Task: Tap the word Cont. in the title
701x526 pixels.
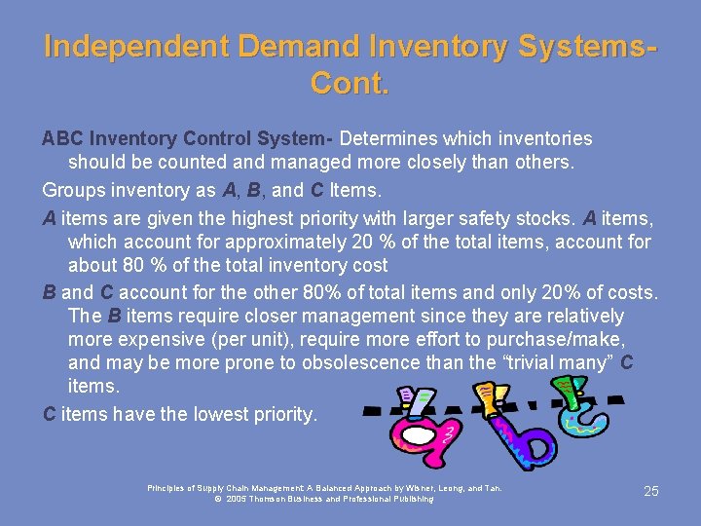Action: point(350,85)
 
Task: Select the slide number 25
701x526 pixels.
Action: point(650,491)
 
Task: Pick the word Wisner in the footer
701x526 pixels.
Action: point(420,488)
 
